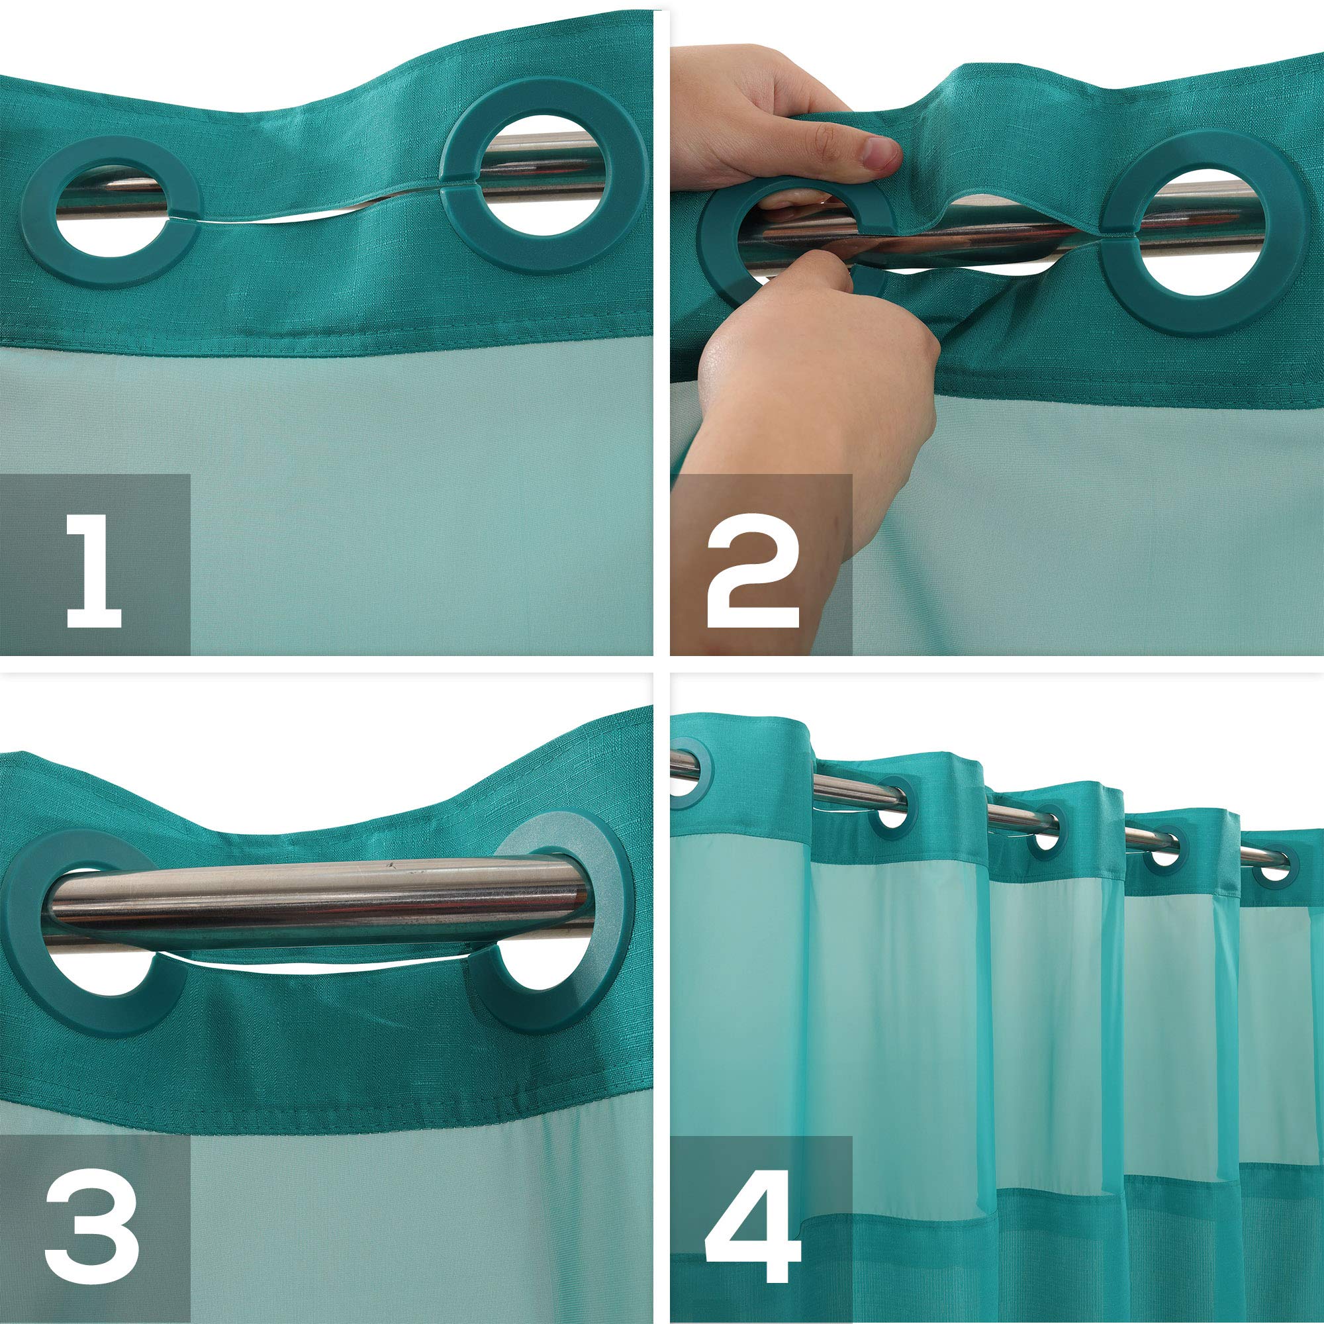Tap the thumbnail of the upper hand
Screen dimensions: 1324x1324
[x=880, y=152]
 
